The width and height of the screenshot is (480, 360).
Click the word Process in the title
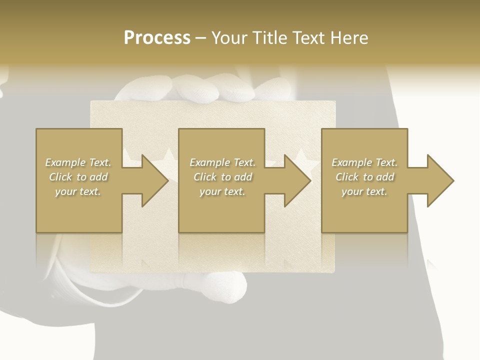click(x=157, y=37)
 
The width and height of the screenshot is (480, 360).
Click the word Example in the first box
click(x=65, y=162)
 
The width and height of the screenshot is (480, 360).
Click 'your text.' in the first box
click(x=78, y=191)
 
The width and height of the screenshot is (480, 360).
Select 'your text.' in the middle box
click(x=222, y=191)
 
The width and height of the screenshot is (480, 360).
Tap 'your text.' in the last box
click(x=364, y=191)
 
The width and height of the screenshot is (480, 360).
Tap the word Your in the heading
click(x=231, y=37)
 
